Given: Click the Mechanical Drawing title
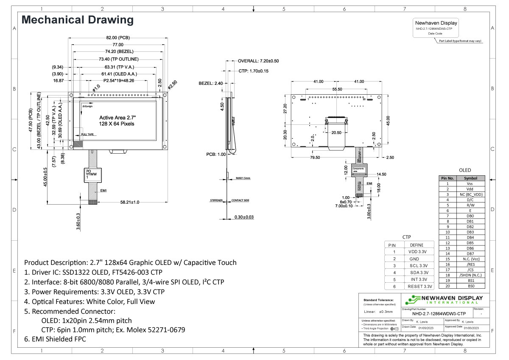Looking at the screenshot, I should point(78,20).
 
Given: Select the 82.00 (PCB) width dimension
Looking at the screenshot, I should point(117,38).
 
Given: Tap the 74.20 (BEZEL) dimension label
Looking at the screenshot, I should point(118,51).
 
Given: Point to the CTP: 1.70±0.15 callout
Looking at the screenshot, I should point(253,71).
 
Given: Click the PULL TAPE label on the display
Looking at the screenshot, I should point(88,134).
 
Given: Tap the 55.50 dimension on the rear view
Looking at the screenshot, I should point(337,90).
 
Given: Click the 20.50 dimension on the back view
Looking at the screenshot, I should point(336,133).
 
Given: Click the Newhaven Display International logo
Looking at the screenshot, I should point(443,300).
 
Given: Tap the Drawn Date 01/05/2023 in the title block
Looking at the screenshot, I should point(424,328).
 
